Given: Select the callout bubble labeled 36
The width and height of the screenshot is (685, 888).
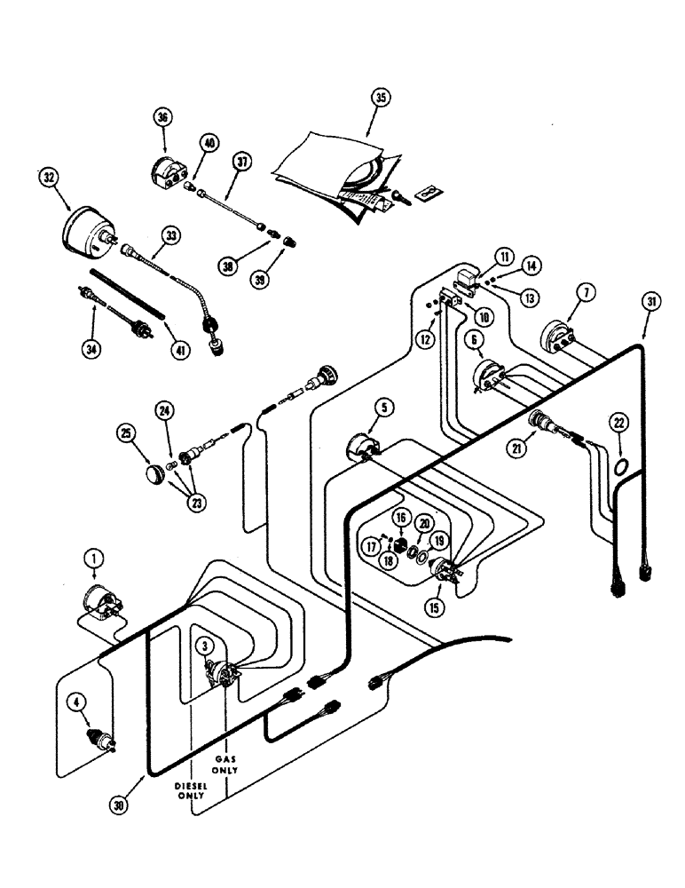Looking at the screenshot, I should point(163,117).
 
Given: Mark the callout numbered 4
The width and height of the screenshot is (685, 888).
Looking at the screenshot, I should point(78,705).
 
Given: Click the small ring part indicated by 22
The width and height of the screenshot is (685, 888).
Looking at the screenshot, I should point(621,467).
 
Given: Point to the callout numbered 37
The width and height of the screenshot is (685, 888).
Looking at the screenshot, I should point(216,162).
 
